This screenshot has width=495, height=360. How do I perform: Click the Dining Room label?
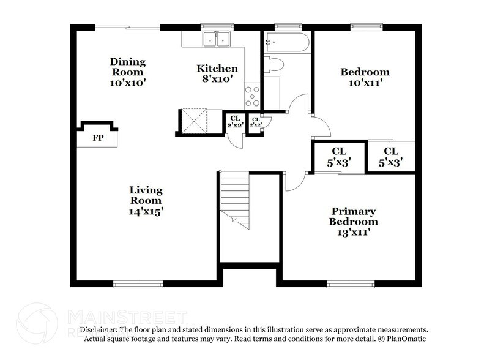[128, 71]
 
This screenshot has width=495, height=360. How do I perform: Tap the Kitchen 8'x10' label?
[217, 74]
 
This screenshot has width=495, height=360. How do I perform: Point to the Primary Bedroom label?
[353, 221]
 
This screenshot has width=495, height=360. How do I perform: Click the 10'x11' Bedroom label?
[365, 78]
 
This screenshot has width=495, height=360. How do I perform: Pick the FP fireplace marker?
[97, 138]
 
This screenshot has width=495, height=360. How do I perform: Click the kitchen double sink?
[217, 39]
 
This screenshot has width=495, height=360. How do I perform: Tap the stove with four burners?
[252, 95]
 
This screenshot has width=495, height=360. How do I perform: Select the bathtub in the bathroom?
[287, 43]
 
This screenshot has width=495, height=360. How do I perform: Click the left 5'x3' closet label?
[339, 157]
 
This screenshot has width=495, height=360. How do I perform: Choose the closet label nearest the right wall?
[391, 157]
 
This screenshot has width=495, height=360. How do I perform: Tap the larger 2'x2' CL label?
[236, 121]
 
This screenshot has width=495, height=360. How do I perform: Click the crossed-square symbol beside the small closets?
[194, 121]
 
